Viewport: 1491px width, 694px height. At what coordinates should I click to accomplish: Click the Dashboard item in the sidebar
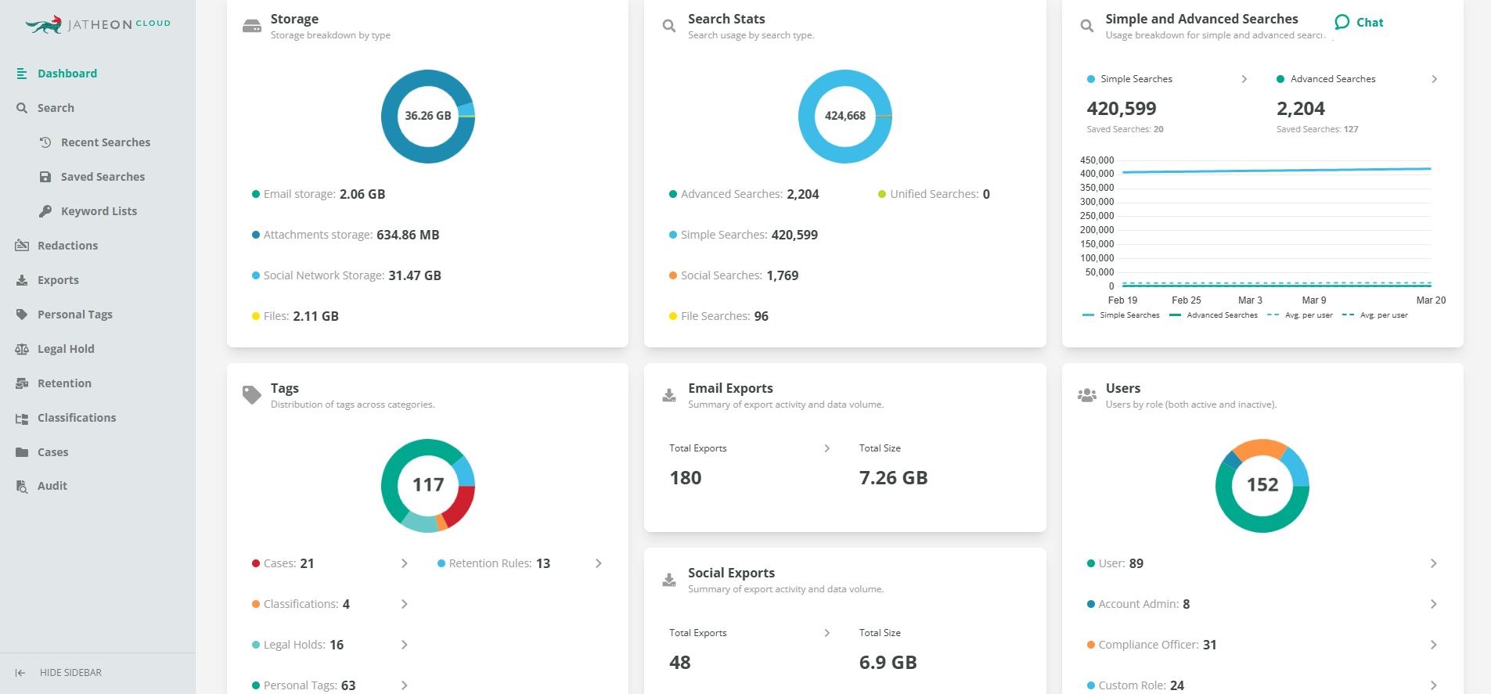[67, 74]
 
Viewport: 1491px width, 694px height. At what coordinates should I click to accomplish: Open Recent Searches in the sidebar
[105, 142]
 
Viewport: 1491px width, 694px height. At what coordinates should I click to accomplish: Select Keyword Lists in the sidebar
[99, 211]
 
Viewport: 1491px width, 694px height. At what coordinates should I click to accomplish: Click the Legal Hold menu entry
[65, 349]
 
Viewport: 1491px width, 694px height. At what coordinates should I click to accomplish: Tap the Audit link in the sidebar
[52, 486]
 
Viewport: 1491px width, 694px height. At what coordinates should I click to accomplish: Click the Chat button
[1360, 23]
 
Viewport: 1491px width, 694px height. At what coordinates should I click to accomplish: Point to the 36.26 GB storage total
[427, 116]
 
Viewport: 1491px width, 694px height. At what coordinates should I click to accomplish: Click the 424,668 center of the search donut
[845, 116]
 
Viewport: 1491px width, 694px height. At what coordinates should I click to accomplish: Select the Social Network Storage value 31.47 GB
[415, 275]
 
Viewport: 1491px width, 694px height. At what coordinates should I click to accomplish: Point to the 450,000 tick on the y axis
[1097, 160]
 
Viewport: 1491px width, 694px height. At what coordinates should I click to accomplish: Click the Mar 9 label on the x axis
[1313, 300]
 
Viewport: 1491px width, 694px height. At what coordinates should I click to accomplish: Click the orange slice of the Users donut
[1259, 448]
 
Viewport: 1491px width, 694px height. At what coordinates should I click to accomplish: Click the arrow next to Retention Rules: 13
[599, 563]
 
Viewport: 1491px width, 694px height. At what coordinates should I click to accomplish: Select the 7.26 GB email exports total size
[893, 478]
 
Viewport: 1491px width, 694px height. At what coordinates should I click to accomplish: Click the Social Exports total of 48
[680, 663]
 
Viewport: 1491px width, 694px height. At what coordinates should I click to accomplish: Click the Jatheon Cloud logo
[98, 24]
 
